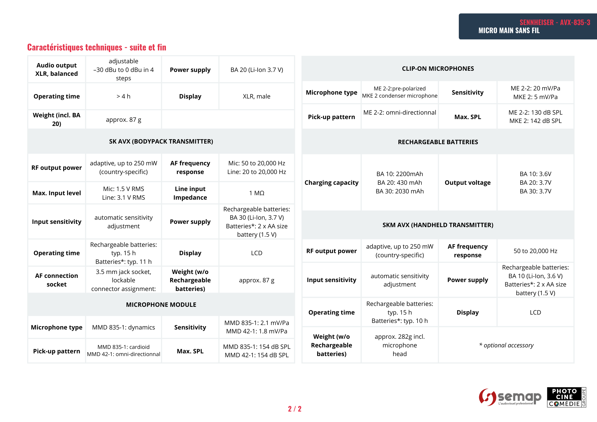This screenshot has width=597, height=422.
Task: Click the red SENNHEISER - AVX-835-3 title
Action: click(x=555, y=22)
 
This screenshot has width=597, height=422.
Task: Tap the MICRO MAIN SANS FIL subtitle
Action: click(x=509, y=30)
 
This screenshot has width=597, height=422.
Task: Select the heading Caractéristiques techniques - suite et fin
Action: click(x=97, y=47)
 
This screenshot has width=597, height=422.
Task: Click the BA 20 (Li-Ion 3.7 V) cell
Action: click(x=257, y=70)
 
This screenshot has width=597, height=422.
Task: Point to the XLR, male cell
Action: click(x=256, y=96)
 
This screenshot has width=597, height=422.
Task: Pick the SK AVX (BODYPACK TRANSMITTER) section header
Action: click(x=161, y=141)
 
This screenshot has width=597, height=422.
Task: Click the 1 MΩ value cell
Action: click(x=257, y=193)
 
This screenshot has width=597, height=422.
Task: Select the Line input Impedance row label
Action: click(x=190, y=193)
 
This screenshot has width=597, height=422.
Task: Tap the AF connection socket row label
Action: click(x=56, y=280)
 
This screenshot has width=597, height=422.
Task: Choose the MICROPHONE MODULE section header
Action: click(x=161, y=305)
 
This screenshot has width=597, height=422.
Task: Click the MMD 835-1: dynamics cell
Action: click(x=123, y=327)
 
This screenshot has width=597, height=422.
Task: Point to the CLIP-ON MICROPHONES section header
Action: click(x=438, y=69)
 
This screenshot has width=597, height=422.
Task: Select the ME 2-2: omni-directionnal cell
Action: click(x=400, y=113)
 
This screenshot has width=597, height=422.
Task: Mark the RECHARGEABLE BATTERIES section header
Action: click(x=438, y=142)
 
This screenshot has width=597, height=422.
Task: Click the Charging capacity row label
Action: click(x=331, y=183)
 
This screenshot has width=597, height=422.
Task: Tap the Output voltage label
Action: click(x=467, y=183)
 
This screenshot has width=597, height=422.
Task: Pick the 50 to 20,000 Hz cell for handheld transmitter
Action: click(x=535, y=251)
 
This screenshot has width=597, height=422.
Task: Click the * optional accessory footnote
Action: click(x=506, y=345)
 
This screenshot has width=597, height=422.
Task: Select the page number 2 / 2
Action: click(x=295, y=409)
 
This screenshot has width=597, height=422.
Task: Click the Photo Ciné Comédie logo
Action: click(x=566, y=397)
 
